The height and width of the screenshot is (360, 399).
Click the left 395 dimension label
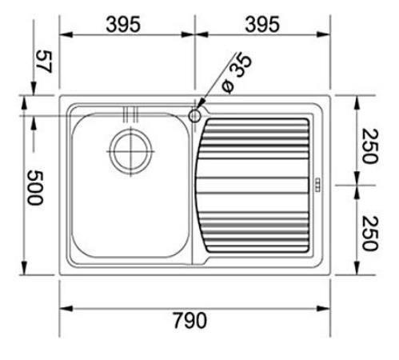pyautogui.click(x=123, y=24)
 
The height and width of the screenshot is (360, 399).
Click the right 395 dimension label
pyautogui.click(x=262, y=24)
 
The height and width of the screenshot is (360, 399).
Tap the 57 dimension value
pyautogui.click(x=44, y=62)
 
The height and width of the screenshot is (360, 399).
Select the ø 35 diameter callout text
pyautogui.click(x=236, y=74)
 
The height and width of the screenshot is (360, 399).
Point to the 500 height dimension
pyautogui.click(x=35, y=188)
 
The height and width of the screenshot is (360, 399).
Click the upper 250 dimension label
pyautogui.click(x=369, y=146)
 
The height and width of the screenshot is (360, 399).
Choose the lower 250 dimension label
pyautogui.click(x=369, y=234)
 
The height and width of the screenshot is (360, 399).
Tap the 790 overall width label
pyautogui.click(x=190, y=320)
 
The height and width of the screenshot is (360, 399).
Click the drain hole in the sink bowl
pyautogui.click(x=130, y=151)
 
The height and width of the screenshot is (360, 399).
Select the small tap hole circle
pyautogui.click(x=194, y=116)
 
